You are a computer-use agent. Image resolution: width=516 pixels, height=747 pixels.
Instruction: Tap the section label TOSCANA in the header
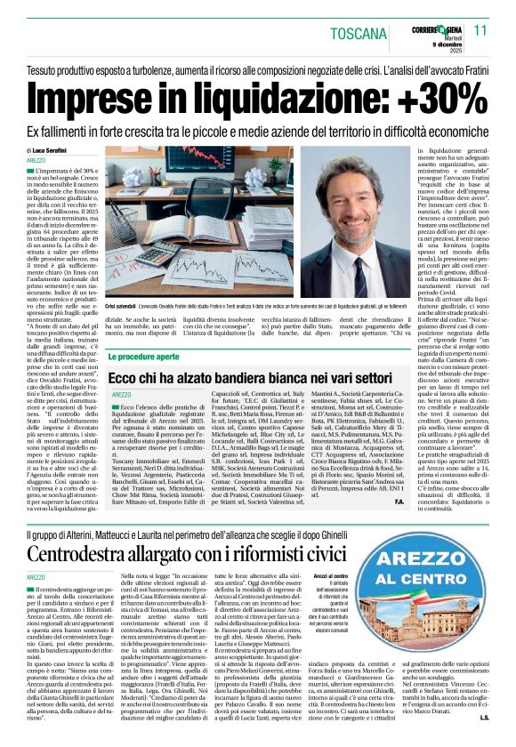(363, 35)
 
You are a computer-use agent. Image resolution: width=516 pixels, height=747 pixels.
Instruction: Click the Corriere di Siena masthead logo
(432, 28)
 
